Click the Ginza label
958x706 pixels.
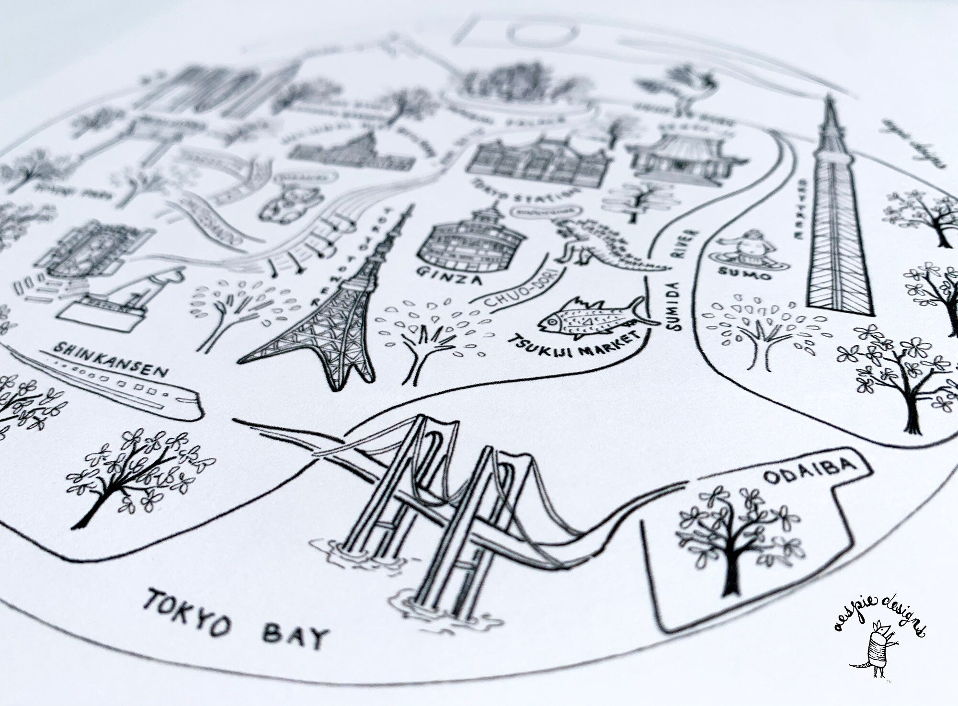(447, 276)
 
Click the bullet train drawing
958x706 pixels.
(120, 388)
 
